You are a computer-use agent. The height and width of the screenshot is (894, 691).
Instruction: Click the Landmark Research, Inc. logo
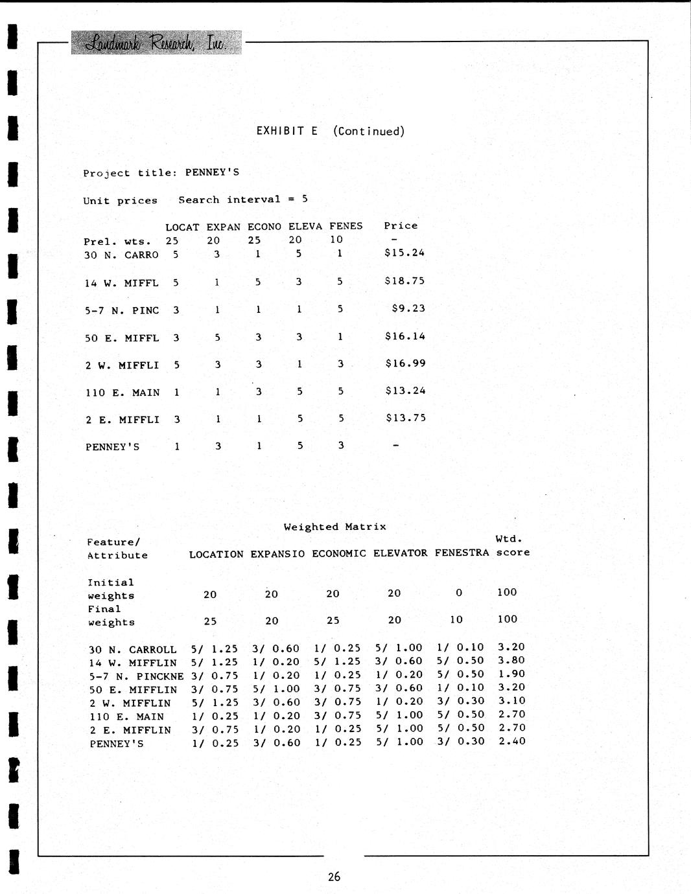(156, 42)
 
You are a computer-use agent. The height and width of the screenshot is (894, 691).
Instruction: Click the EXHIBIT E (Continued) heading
(330, 131)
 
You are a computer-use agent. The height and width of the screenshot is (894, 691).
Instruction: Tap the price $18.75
(404, 281)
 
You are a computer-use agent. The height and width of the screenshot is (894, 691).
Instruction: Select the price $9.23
(408, 308)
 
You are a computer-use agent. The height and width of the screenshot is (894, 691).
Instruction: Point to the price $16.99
(405, 363)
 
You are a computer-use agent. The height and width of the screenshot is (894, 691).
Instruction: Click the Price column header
(401, 225)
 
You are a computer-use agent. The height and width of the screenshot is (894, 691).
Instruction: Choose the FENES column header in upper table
(345, 226)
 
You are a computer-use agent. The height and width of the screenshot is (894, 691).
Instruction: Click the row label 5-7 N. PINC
(122, 310)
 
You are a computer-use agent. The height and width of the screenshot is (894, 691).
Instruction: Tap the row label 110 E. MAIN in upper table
(123, 393)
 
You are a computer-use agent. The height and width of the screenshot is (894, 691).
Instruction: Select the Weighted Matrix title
(334, 527)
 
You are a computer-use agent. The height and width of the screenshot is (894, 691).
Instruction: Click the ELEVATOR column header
(401, 553)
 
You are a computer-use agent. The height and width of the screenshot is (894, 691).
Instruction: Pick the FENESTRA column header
(462, 553)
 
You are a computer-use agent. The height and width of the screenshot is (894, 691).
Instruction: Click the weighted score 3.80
(511, 661)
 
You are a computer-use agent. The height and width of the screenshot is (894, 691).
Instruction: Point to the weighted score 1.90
(511, 674)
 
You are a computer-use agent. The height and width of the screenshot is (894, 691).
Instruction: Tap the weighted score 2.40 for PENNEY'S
(511, 741)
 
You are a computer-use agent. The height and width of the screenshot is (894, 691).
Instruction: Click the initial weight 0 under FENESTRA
(459, 593)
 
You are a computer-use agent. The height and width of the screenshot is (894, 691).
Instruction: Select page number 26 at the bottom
(334, 877)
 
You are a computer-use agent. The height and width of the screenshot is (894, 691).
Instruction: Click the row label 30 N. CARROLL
(133, 650)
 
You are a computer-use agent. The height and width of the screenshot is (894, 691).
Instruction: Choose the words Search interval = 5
(243, 200)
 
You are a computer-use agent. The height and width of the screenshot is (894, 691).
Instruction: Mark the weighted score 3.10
(511, 701)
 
